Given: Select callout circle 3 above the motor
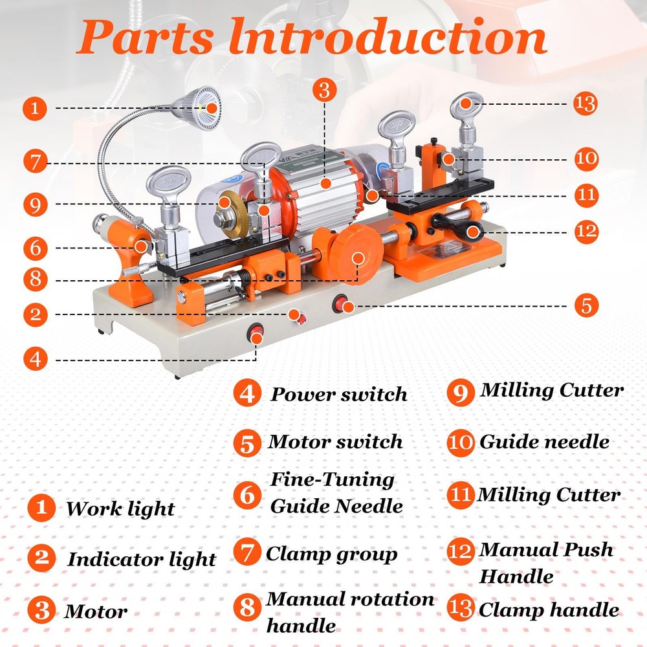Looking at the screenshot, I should pos(324,91).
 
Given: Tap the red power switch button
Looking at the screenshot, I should pos(257,334).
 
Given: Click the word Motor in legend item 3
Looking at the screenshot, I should pos(96,611).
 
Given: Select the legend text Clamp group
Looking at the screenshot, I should pos(332,554).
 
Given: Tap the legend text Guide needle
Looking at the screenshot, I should pos(544,442).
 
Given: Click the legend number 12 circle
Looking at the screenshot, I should pos(461,551).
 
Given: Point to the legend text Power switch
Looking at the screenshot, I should pos(339,394).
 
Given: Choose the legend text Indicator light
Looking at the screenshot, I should pos(142,559).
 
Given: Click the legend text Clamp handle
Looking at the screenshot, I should pos(548,609).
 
